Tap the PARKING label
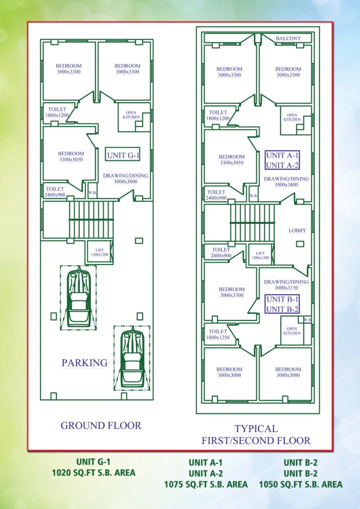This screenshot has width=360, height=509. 85,362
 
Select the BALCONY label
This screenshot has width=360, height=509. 288,38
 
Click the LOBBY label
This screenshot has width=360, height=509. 297,230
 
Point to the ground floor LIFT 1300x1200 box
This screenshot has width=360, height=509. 100,252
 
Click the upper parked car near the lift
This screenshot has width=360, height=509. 78,298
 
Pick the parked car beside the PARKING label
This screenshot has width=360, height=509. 132,358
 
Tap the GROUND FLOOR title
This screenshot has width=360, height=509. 101,426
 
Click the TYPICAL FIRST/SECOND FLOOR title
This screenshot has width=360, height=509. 256,435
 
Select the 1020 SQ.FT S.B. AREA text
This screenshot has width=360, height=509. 94,473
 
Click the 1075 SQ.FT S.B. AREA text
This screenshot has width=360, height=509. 206,484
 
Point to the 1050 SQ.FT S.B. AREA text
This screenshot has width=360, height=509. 301,484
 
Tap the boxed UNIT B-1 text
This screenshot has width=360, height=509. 282,299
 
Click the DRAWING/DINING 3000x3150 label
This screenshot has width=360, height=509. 286,285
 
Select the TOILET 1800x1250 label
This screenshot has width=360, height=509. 218,334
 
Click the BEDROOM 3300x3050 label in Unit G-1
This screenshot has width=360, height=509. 71,156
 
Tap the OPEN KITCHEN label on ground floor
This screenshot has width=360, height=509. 131,115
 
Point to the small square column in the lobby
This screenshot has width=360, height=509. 300,244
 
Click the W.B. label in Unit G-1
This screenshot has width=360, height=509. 93,192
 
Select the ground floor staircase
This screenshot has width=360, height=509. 91,220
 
